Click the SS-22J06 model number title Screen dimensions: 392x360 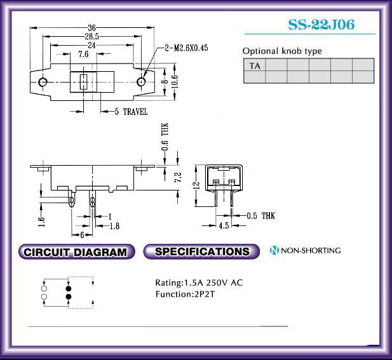321,25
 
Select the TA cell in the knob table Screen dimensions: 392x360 255,65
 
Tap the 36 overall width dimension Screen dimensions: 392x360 91,27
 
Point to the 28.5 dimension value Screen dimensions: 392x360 91,36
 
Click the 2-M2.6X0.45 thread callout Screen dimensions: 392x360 186,48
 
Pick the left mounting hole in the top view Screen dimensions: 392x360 43,81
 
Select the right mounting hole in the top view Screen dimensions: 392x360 141,81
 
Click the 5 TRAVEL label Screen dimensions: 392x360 131,111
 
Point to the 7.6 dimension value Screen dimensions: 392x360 83,54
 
